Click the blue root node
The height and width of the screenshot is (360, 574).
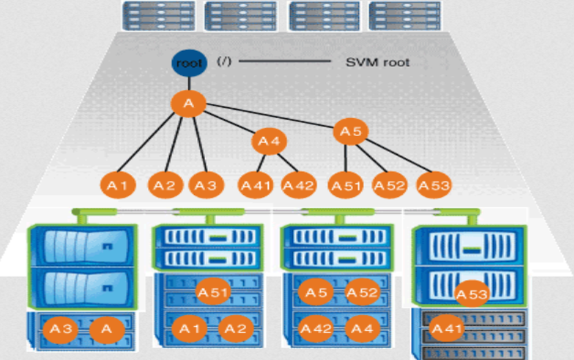pyautogui.click(x=188, y=63)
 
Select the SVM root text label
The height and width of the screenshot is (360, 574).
pyautogui.click(x=377, y=63)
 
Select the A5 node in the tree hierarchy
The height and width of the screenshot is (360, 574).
pyautogui.click(x=351, y=131)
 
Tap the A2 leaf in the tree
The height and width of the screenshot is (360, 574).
pyautogui.click(x=164, y=185)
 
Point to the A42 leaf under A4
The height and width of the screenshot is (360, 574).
pyautogui.click(x=298, y=185)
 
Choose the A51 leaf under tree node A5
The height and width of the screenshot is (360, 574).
pyautogui.click(x=345, y=185)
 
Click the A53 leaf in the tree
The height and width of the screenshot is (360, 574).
pyautogui.click(x=434, y=185)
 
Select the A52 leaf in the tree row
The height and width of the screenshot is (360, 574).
pyautogui.click(x=389, y=185)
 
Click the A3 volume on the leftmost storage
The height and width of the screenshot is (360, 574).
pyautogui.click(x=61, y=330)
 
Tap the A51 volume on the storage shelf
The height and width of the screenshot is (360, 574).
pyautogui.click(x=213, y=293)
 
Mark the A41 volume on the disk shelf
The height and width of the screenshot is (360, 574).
pyautogui.click(x=446, y=329)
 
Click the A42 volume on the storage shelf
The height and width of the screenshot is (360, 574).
pyautogui.click(x=317, y=329)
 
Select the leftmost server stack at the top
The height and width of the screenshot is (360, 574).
pyautogui.click(x=157, y=15)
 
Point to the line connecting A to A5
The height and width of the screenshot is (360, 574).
pyautogui.click(x=269, y=117)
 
